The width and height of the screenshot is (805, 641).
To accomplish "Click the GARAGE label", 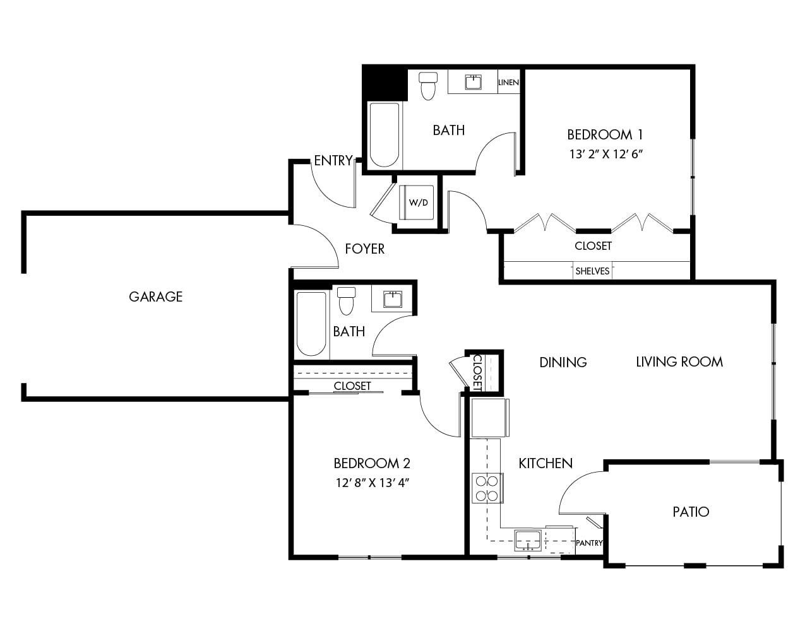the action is [155, 297].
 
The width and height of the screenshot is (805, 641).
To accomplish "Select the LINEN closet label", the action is [508, 82].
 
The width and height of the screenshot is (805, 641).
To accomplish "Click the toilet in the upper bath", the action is [428, 86].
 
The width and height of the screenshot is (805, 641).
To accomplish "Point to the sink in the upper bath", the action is [473, 82].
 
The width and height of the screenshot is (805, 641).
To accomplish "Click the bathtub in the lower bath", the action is [311, 324].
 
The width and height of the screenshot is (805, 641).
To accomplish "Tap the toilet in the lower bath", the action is [346, 301].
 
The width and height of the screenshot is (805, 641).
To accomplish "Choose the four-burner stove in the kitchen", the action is [487, 488].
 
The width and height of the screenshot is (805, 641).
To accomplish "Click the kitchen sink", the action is [528, 541].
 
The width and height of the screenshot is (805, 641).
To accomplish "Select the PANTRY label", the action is [589, 543].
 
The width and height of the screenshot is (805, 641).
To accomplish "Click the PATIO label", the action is [691, 512].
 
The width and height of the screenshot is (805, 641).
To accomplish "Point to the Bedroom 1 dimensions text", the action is [605, 154].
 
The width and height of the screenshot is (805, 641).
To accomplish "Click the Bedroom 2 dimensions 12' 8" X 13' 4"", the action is [373, 483].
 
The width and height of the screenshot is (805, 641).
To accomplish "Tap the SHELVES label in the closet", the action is [592, 271].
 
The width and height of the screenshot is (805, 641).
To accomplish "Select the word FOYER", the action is [365, 249].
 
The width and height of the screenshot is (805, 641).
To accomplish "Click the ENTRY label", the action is [333, 161].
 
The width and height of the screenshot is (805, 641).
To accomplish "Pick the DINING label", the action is [563, 362].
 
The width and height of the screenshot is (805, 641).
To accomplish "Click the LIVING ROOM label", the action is [679, 362].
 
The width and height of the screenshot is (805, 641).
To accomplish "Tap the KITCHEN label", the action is [546, 464].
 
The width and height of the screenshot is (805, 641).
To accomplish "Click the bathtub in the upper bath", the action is [385, 134].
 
